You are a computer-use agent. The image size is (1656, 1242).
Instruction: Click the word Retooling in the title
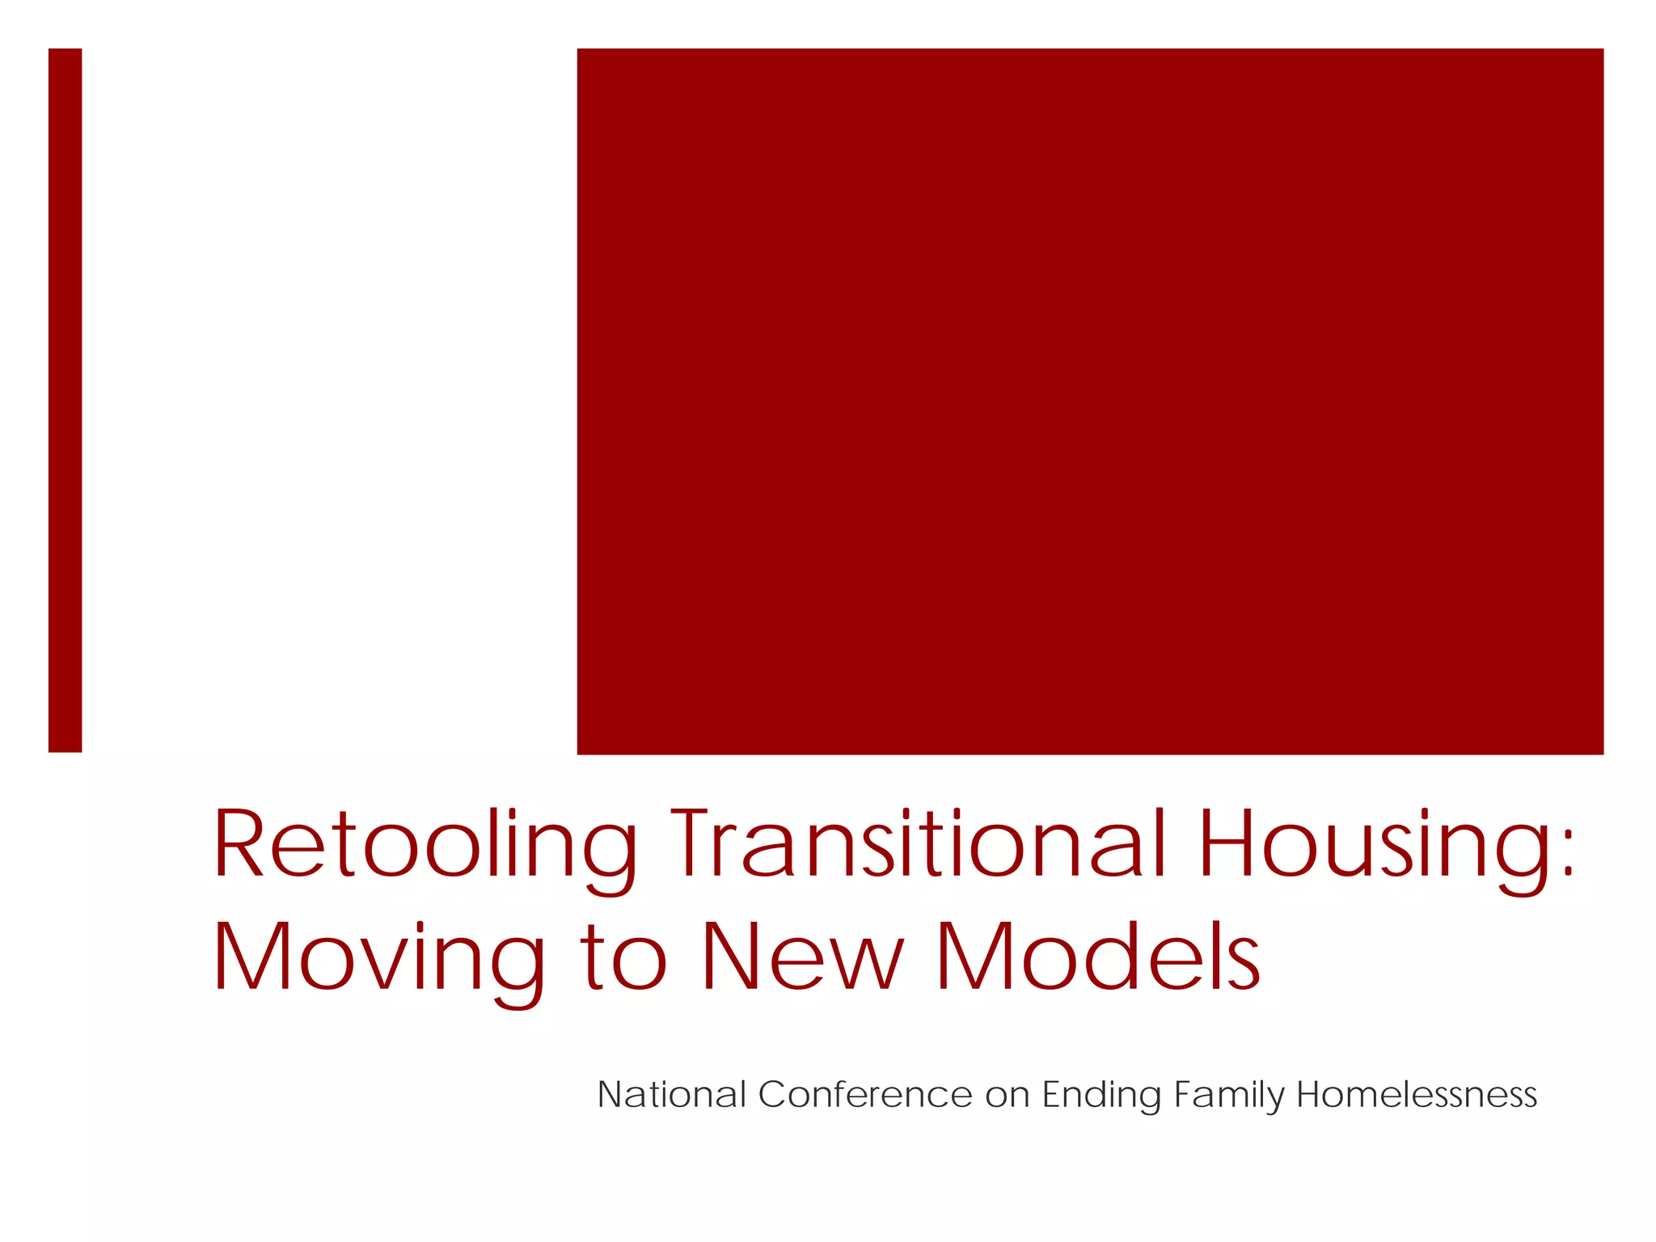coord(425,845)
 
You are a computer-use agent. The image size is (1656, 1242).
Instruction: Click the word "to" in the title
coord(624,958)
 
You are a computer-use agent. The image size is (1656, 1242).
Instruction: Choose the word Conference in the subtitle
coord(865,1095)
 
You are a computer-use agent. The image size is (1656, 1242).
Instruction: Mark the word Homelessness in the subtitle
coord(1417,1095)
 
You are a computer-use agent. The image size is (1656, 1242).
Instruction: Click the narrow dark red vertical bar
coord(65,400)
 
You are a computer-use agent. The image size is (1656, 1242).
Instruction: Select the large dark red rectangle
coord(1090,401)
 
